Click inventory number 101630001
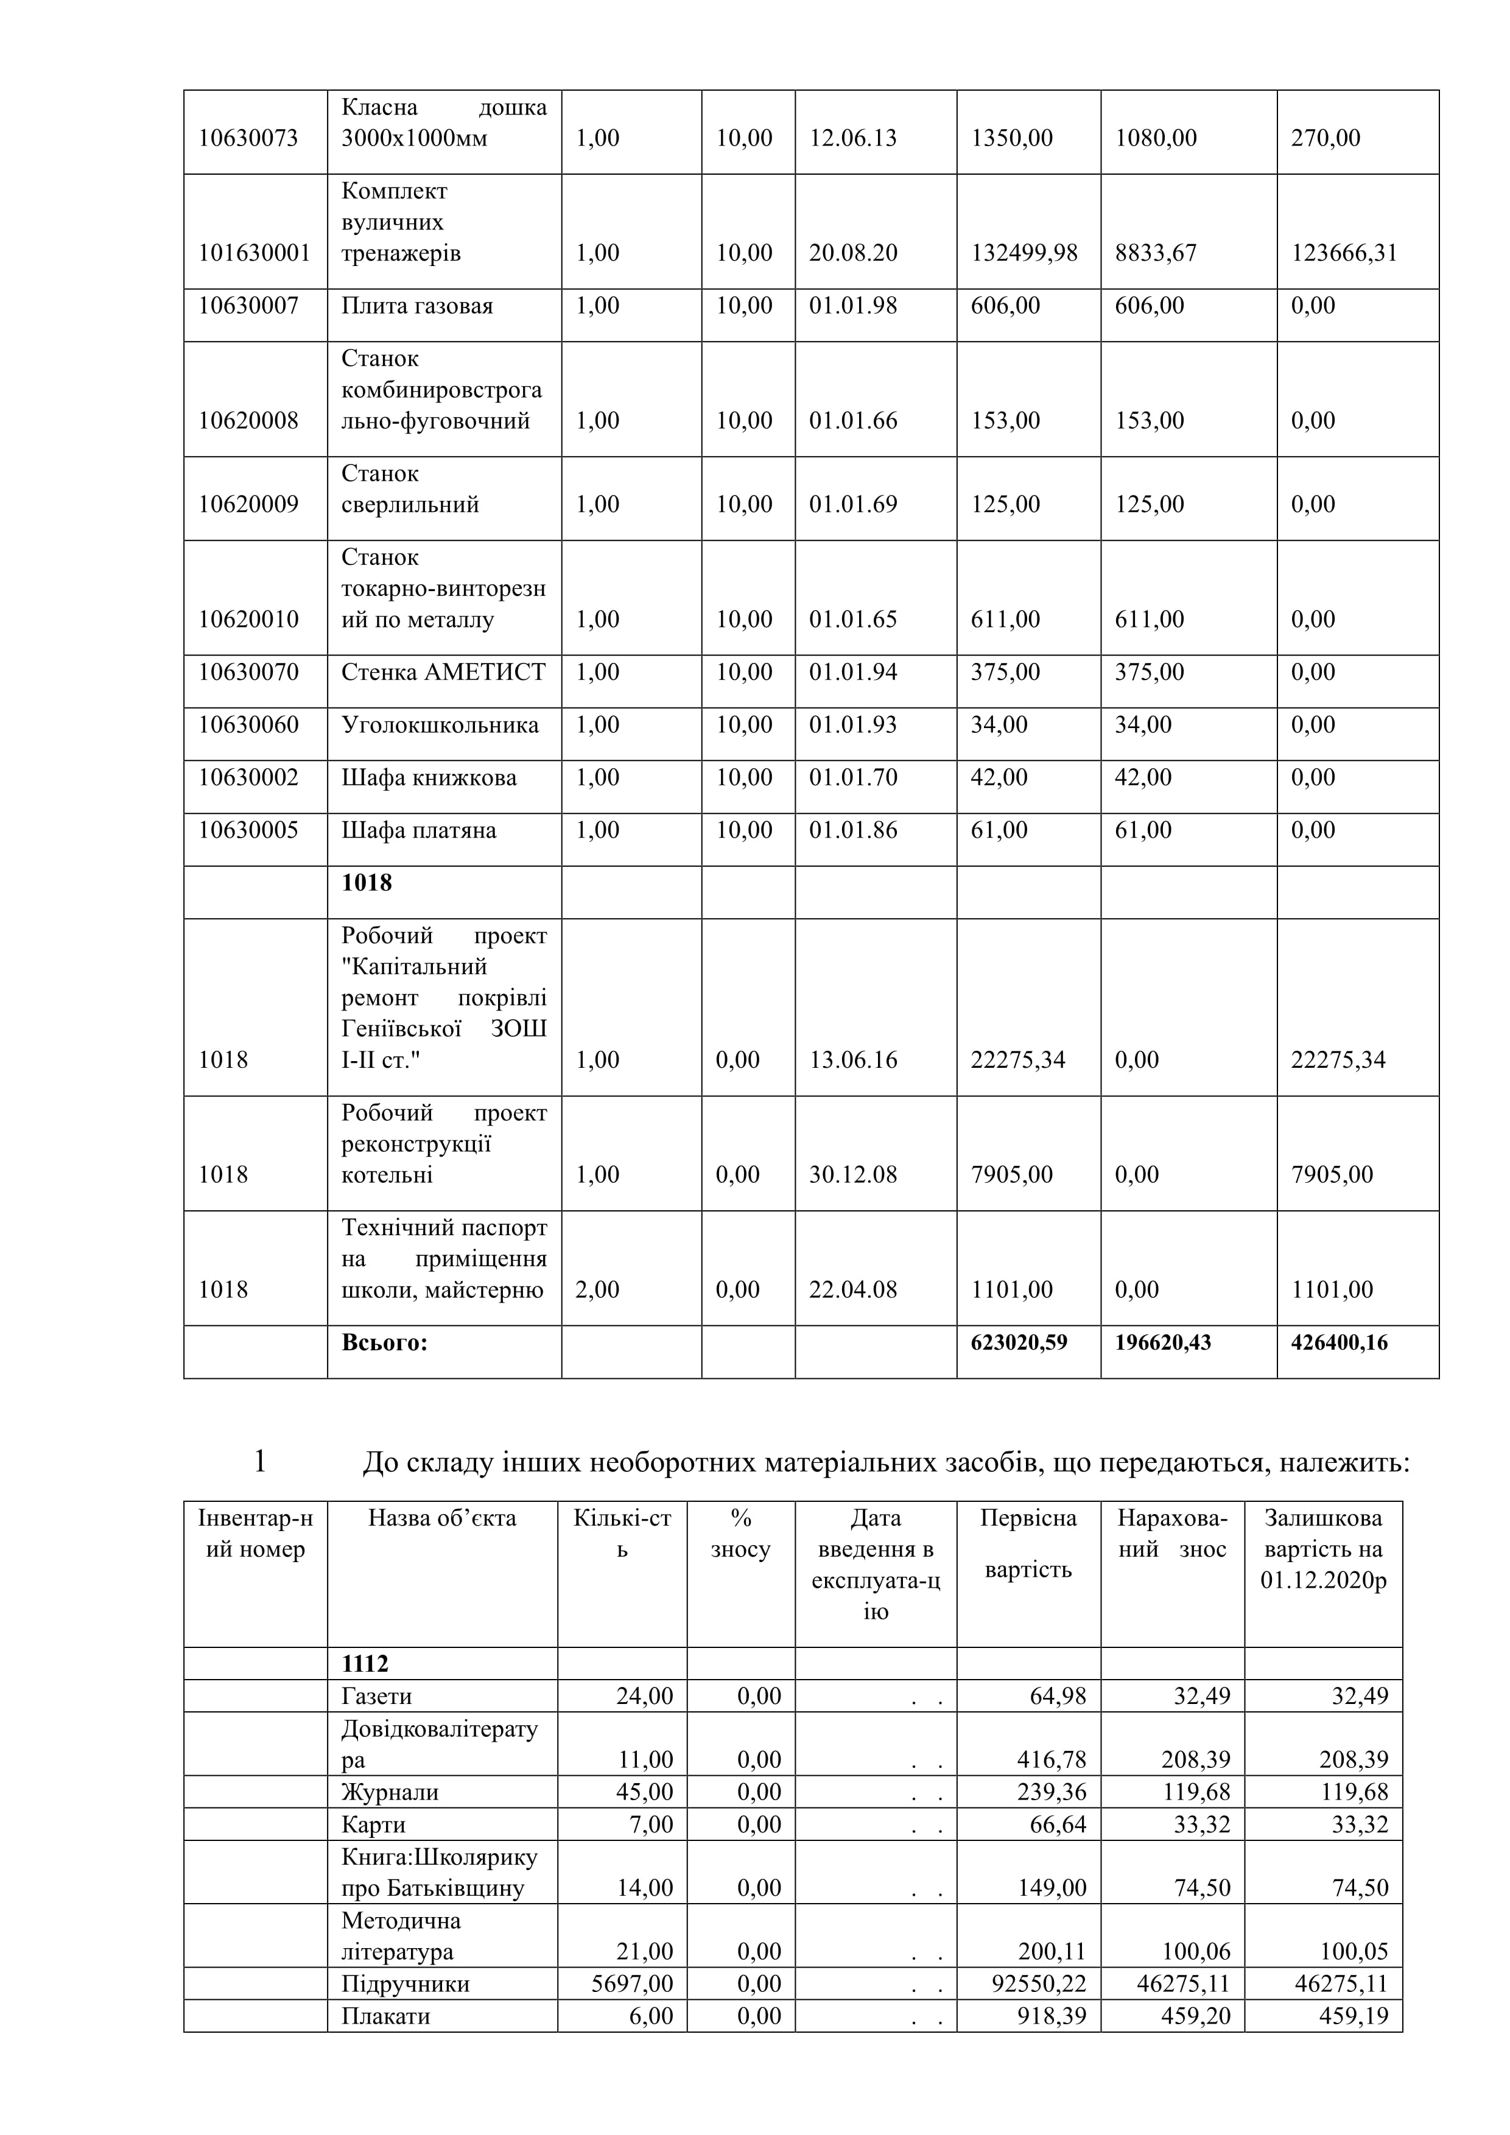pyautogui.click(x=254, y=253)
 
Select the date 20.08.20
pyautogui.click(x=852, y=253)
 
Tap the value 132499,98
pyautogui.click(x=1024, y=253)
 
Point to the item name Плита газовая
pyautogui.click(x=416, y=306)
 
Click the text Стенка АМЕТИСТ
pyautogui.click(x=443, y=671)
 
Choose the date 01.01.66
pyautogui.click(x=852, y=420)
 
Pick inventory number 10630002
pyautogui.click(x=248, y=777)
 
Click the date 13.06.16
pyautogui.click(x=852, y=1059)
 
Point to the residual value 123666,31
pyautogui.click(x=1344, y=253)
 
